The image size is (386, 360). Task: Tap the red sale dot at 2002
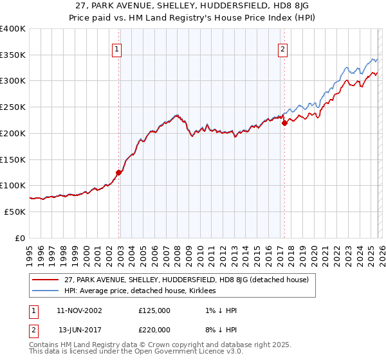[118, 172]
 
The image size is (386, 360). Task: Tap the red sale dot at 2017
[284, 123]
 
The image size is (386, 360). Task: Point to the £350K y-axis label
[13, 55]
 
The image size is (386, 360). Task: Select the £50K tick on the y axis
[15, 212]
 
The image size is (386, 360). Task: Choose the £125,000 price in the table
[154, 310]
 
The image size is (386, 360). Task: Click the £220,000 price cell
[154, 330]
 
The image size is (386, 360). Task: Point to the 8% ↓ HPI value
[220, 330]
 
